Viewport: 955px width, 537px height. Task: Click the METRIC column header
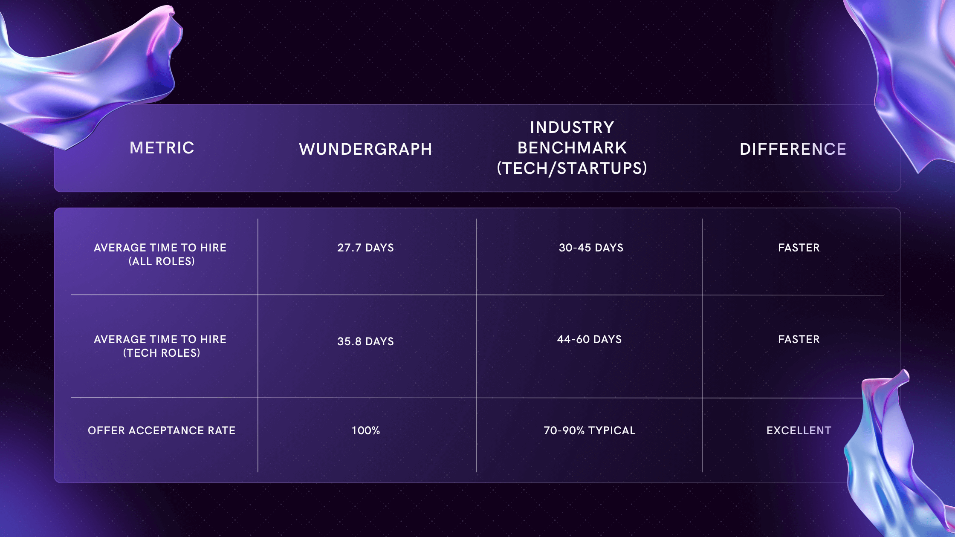pos(162,148)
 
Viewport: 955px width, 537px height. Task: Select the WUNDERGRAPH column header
pos(365,149)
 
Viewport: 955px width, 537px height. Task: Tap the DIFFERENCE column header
pos(793,149)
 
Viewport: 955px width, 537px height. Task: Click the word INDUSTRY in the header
pos(572,127)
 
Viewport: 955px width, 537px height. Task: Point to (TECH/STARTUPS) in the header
pos(572,168)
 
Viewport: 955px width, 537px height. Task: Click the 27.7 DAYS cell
pos(365,248)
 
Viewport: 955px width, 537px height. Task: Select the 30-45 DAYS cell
pos(591,248)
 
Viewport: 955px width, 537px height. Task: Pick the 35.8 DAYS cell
pos(365,341)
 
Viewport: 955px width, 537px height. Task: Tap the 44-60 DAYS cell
pos(589,339)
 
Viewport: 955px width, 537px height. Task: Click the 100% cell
pos(365,430)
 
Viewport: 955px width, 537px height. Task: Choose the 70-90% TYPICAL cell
pos(589,430)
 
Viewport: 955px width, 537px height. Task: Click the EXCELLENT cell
pos(799,430)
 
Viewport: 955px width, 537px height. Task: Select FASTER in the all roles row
pos(799,248)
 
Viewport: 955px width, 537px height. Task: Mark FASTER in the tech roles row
pos(799,339)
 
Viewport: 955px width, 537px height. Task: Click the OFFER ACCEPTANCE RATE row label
pos(161,430)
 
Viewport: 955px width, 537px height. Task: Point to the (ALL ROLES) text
pos(162,261)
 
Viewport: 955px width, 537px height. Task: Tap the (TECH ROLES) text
pos(162,353)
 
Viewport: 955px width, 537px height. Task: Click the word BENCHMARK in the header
pos(572,148)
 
